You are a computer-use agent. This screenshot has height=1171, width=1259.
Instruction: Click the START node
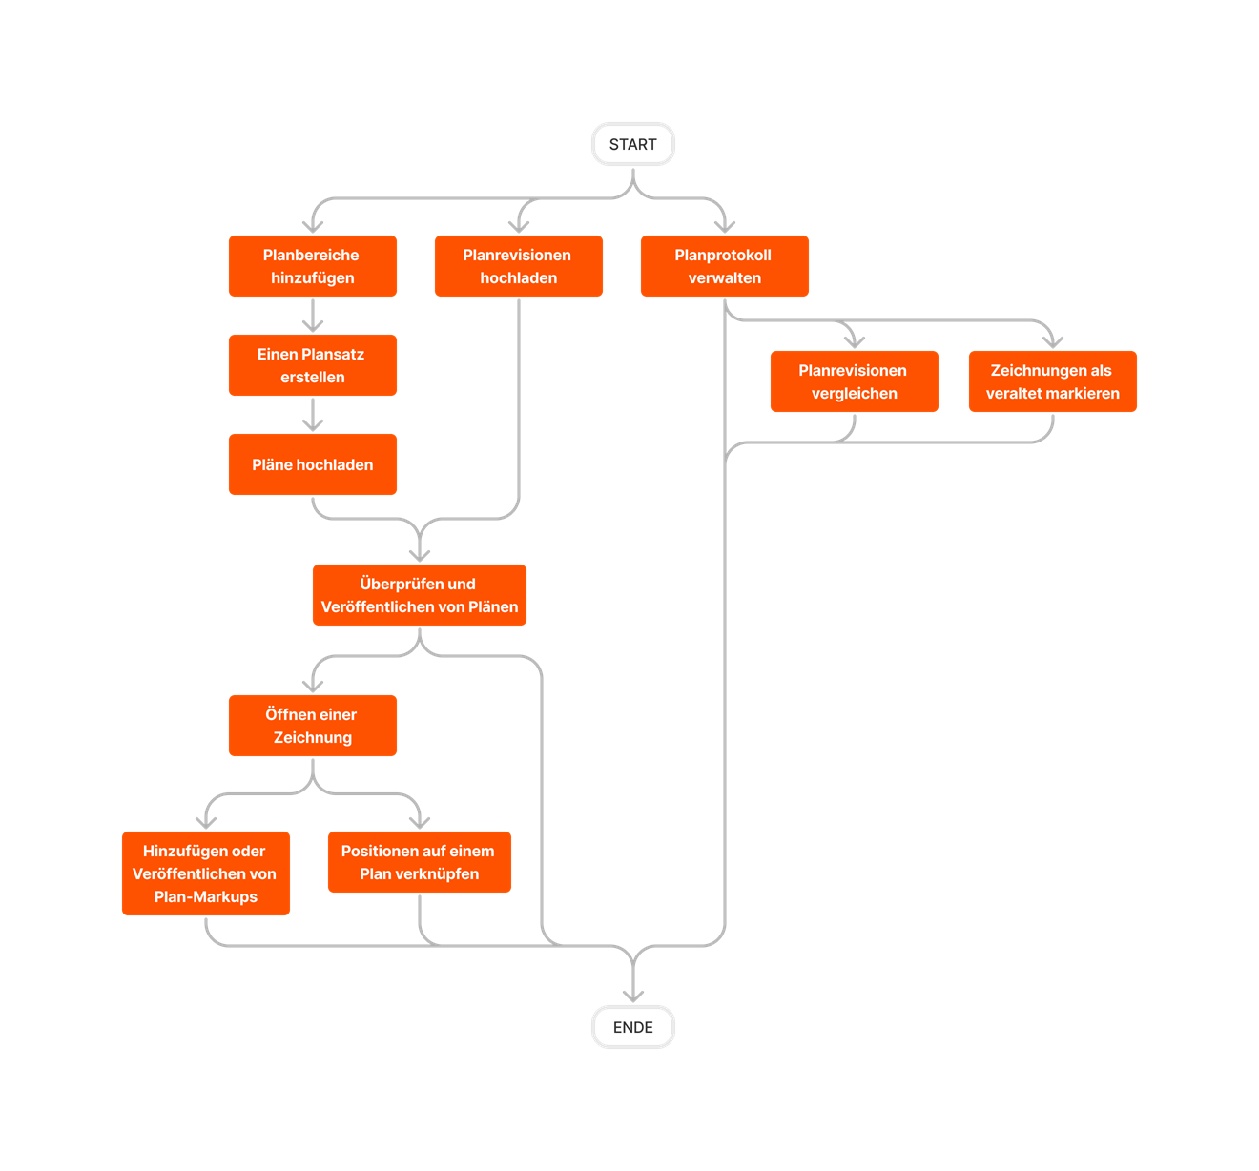click(632, 144)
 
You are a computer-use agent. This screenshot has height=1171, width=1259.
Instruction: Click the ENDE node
click(632, 1026)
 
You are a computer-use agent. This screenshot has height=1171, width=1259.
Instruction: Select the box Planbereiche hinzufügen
click(313, 266)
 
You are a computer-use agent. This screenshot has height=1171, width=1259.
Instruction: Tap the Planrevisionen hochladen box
click(518, 266)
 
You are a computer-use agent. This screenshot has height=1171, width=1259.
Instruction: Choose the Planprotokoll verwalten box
click(724, 266)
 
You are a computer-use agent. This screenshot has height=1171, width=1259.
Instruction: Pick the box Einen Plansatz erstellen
click(313, 364)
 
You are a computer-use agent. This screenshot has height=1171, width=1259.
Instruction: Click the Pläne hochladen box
click(313, 464)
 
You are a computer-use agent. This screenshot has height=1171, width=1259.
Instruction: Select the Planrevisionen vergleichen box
click(854, 381)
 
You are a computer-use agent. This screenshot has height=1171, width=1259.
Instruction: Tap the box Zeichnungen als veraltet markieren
click(1052, 381)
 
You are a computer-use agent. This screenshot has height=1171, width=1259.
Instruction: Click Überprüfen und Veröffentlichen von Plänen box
click(419, 595)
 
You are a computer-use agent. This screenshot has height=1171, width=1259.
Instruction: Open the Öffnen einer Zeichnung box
click(313, 726)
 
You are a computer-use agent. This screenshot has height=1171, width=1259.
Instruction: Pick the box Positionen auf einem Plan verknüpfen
click(419, 862)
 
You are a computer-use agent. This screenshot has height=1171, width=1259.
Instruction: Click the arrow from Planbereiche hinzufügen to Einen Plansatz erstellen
click(313, 316)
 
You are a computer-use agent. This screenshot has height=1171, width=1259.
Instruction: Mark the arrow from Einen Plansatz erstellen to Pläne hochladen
click(313, 415)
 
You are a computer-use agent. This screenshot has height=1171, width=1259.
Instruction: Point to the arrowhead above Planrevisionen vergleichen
click(854, 342)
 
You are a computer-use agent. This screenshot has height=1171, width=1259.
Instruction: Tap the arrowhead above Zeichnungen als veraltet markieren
click(1052, 342)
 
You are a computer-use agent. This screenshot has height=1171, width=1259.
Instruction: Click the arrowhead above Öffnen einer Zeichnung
click(313, 687)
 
